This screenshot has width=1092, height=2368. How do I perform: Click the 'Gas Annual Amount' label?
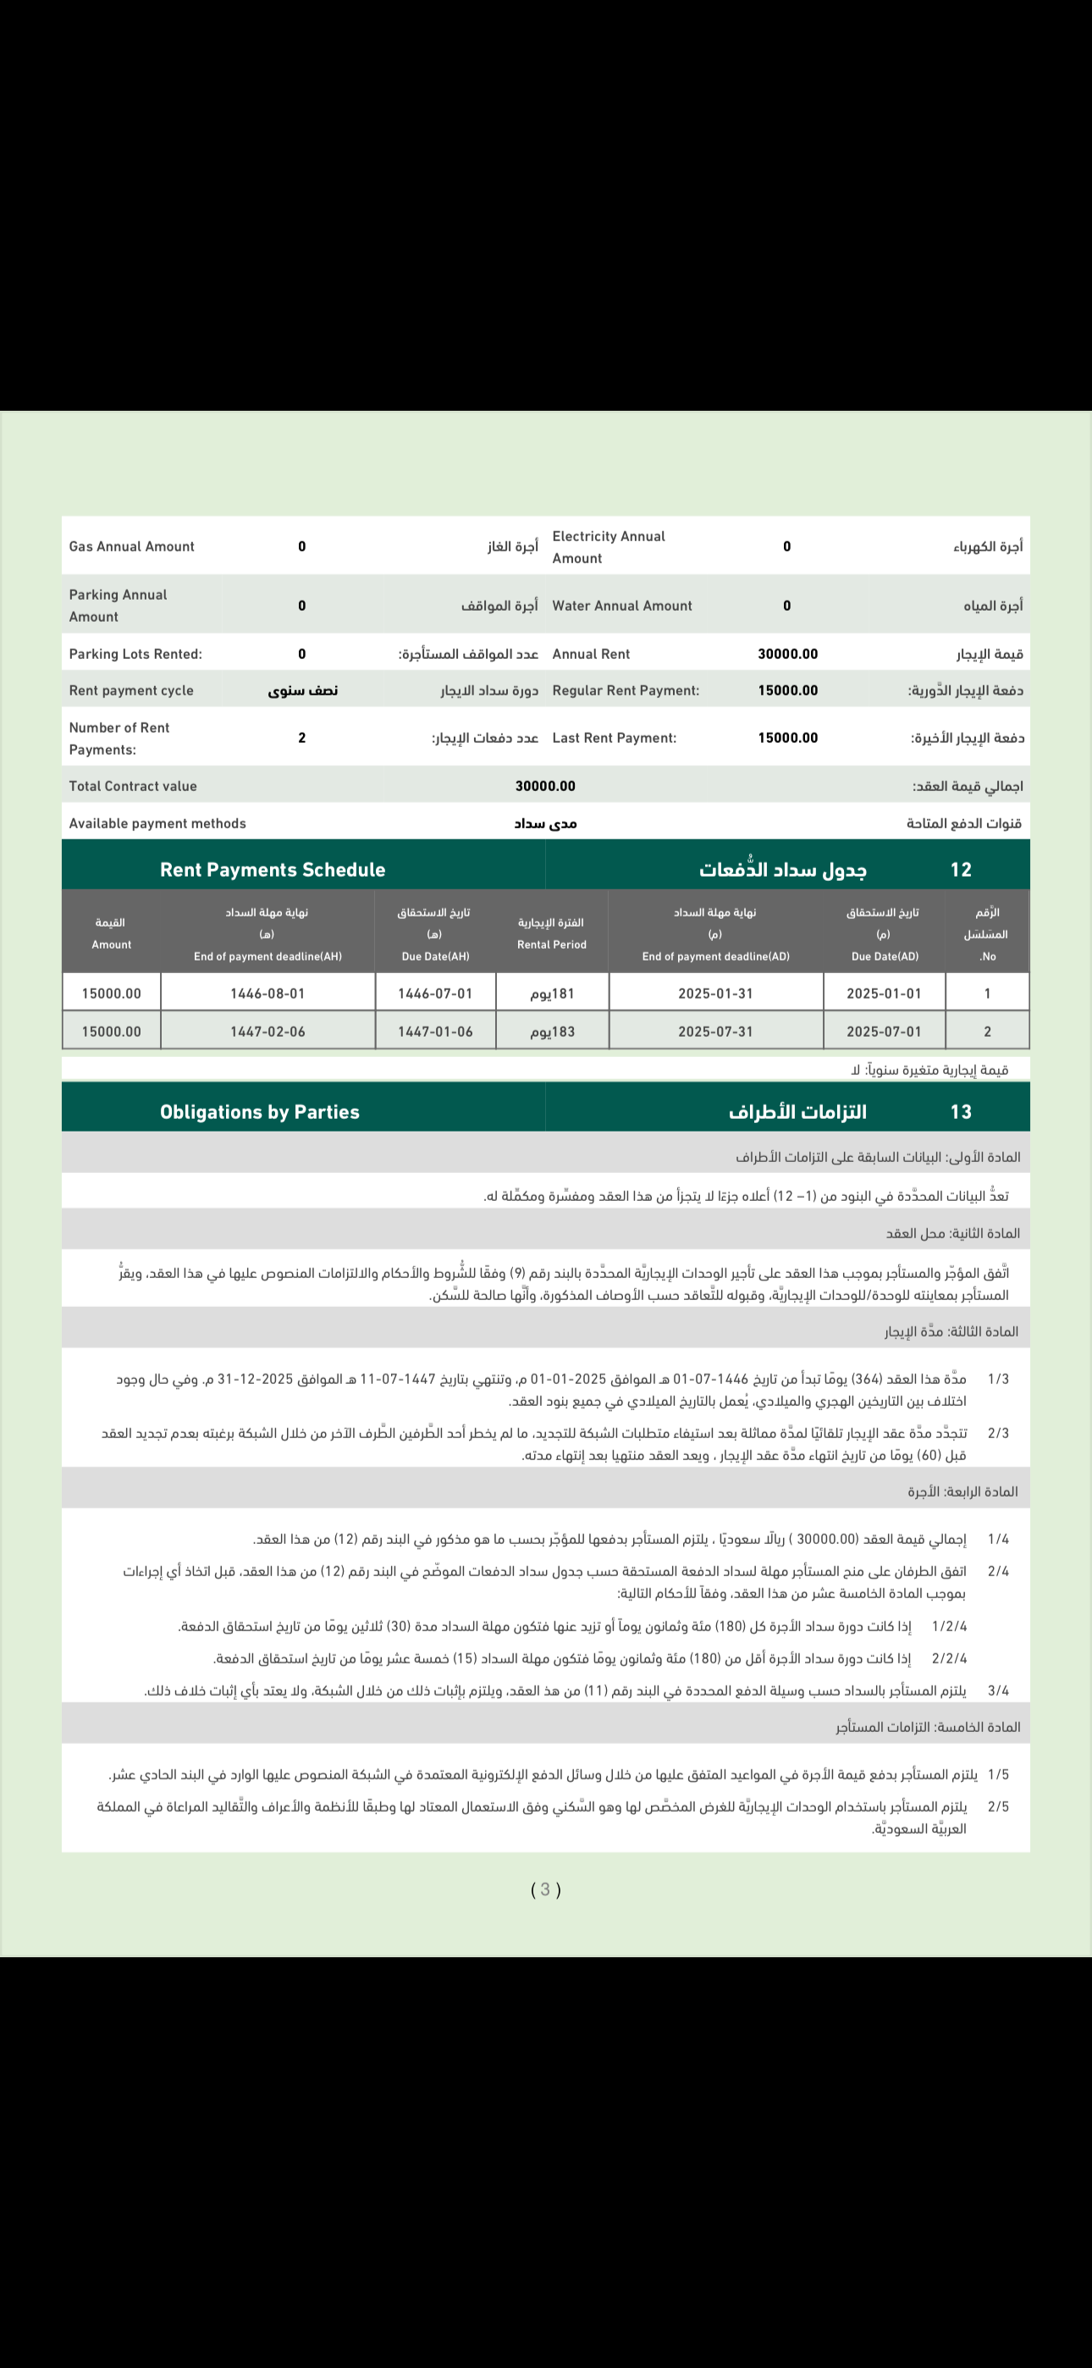click(x=131, y=546)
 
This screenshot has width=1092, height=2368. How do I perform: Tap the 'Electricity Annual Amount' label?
click(x=608, y=547)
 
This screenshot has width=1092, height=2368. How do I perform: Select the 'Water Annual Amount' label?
click(x=621, y=606)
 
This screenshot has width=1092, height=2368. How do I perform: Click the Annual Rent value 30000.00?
click(x=786, y=654)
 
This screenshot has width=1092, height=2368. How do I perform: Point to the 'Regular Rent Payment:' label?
click(x=625, y=690)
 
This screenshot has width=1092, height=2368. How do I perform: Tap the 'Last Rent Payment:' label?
click(x=614, y=737)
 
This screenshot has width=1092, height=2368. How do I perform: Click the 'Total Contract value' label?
click(x=132, y=786)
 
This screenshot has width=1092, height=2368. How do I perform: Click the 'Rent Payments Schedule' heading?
click(x=272, y=870)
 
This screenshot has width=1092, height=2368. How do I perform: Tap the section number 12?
click(x=961, y=870)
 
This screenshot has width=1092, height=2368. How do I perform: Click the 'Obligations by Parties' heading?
click(x=259, y=1111)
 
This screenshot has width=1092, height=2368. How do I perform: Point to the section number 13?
click(x=961, y=1111)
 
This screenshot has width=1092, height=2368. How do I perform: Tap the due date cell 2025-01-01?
click(x=884, y=993)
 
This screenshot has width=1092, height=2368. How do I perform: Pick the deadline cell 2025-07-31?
click(x=715, y=1032)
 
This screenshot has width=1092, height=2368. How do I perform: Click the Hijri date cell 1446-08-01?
click(x=267, y=993)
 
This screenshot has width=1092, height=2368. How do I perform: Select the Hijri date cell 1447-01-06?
click(x=435, y=1032)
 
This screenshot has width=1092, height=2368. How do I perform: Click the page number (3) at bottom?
click(x=545, y=1889)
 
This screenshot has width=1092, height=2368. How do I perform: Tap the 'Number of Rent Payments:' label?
click(x=119, y=739)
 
